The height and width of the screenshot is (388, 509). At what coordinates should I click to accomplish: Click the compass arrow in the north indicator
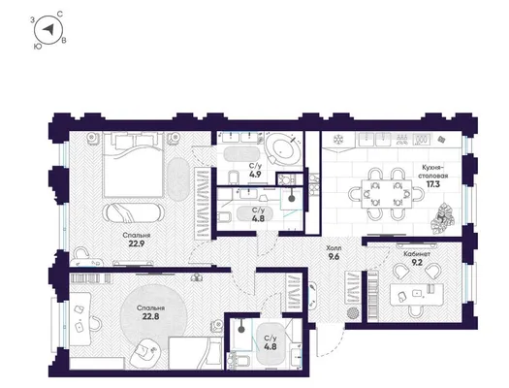(48, 30)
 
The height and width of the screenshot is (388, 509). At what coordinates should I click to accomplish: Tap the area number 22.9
(137, 243)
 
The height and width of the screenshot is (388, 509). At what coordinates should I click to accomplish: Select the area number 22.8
(150, 316)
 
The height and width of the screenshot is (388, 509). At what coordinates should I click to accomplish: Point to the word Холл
(334, 248)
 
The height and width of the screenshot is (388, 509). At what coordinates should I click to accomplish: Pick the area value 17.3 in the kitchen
(433, 184)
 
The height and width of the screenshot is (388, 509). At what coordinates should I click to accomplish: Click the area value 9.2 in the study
(417, 262)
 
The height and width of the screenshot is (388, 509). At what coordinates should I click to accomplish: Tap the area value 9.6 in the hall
(334, 257)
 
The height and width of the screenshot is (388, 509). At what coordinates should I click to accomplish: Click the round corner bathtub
(284, 149)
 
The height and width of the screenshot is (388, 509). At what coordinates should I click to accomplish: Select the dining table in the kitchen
(386, 194)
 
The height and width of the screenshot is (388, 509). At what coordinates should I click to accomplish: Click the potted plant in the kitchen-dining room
(442, 218)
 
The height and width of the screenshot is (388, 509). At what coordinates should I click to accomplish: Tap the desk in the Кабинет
(417, 295)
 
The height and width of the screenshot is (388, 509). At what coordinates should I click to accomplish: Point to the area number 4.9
(255, 174)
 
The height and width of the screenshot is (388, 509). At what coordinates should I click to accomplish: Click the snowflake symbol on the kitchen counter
(339, 140)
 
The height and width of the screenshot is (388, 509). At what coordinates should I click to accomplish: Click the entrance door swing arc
(334, 347)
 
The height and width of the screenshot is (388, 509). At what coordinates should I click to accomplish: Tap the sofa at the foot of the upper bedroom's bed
(133, 213)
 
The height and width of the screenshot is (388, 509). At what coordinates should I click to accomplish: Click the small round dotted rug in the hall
(353, 313)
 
